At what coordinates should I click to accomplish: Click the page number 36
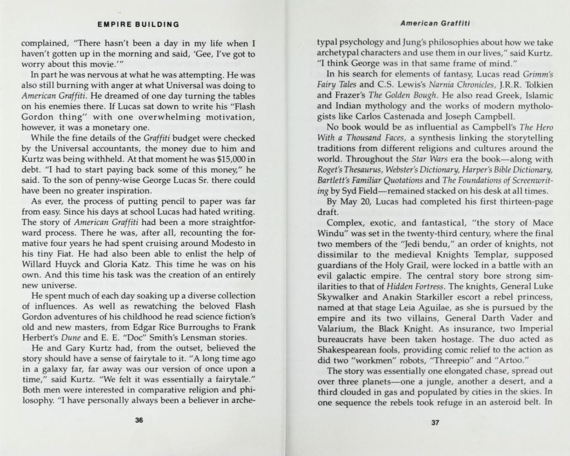(x=139, y=420)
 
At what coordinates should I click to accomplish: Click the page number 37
(x=435, y=423)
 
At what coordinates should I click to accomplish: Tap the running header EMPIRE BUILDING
(x=139, y=24)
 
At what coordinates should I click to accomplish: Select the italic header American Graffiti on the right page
(x=435, y=23)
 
